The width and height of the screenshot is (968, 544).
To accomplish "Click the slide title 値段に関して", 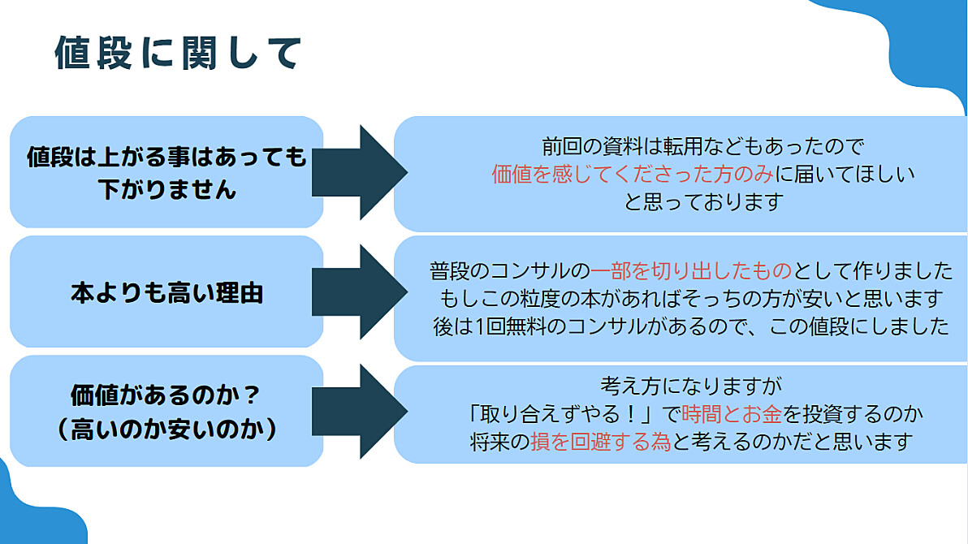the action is pyautogui.click(x=179, y=53).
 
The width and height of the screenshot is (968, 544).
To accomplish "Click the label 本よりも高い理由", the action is pyautogui.click(x=166, y=292).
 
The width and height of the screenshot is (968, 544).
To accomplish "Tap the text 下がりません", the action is pyautogui.click(x=166, y=189).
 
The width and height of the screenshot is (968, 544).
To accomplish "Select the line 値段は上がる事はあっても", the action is pyautogui.click(x=166, y=157).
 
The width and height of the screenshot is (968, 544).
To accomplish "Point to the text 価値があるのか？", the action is pyautogui.click(x=166, y=395).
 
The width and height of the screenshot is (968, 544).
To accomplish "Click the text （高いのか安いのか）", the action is pyautogui.click(x=166, y=430).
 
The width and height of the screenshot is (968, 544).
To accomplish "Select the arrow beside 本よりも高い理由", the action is pyautogui.click(x=359, y=292).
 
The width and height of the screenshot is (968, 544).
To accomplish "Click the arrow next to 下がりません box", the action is pyautogui.click(x=359, y=172).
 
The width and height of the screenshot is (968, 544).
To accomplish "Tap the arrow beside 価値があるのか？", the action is pyautogui.click(x=359, y=411).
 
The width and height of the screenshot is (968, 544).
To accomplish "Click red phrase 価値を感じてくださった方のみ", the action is pyautogui.click(x=632, y=174).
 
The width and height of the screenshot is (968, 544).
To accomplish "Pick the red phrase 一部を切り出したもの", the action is pyautogui.click(x=691, y=270).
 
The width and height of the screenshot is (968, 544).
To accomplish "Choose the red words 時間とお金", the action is pyautogui.click(x=732, y=414).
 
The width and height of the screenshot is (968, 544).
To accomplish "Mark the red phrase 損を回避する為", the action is pyautogui.click(x=601, y=442).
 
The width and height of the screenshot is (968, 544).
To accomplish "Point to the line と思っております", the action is pyautogui.click(x=703, y=202).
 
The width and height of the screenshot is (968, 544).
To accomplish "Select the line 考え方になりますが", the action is pyautogui.click(x=691, y=386).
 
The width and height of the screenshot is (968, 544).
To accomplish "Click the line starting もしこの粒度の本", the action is pyautogui.click(x=691, y=298).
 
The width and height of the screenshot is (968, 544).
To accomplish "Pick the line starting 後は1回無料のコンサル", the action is pyautogui.click(x=691, y=326).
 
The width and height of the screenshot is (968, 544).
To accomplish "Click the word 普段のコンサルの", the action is pyautogui.click(x=510, y=270).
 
